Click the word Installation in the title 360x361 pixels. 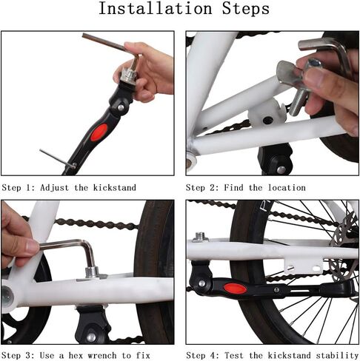(x=156, y=8)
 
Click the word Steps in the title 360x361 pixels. (x=245, y=8)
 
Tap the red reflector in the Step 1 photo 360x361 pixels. (x=99, y=132)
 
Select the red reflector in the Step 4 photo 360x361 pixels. (x=235, y=289)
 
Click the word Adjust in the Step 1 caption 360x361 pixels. (x=54, y=188)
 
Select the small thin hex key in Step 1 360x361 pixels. (x=57, y=159)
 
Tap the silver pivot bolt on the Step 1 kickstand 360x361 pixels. (x=121, y=107)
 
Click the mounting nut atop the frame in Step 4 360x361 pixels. (x=201, y=237)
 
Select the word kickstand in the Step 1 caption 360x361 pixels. (x=115, y=188)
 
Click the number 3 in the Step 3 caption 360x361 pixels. (x=28, y=356)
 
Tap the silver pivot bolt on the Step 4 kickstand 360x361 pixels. (x=202, y=283)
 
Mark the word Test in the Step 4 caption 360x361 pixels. (x=233, y=355)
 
